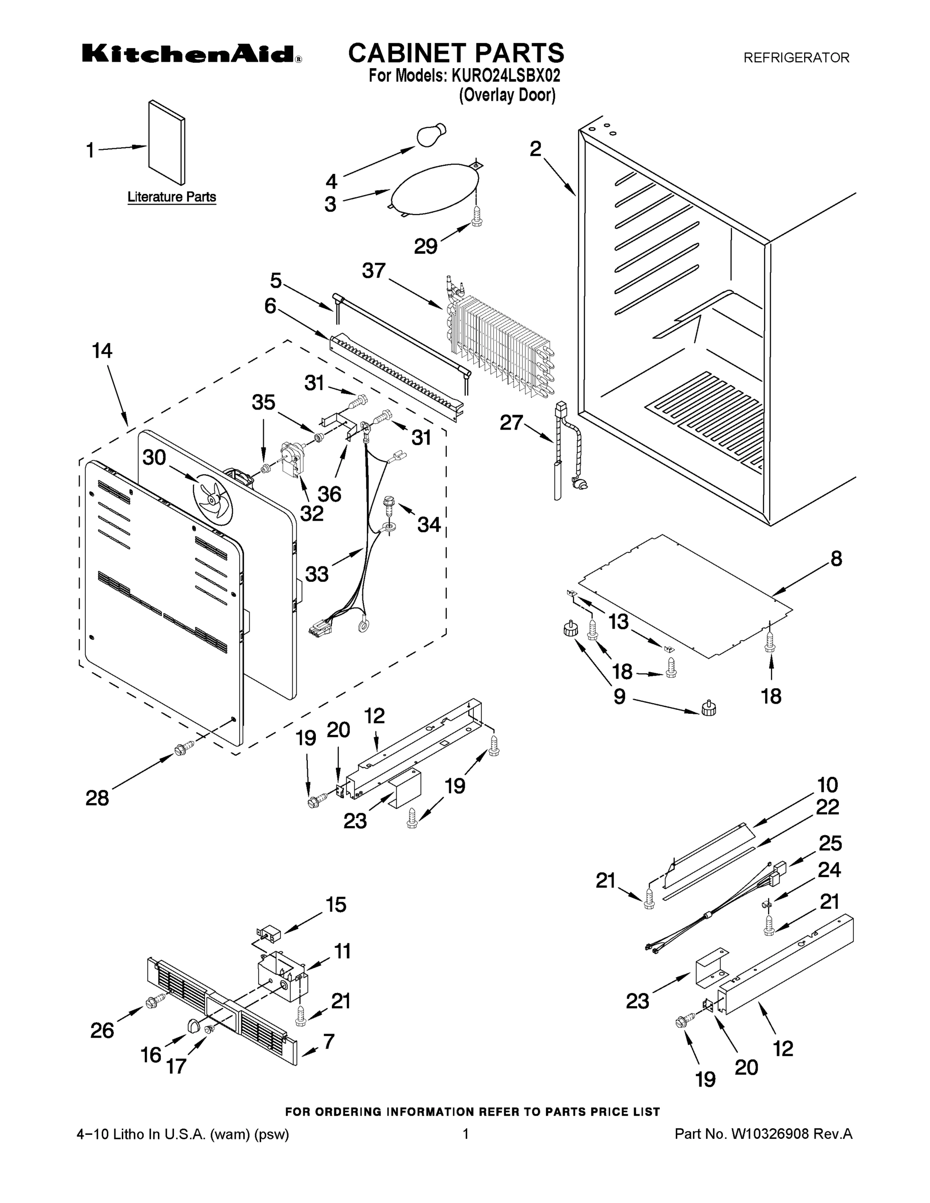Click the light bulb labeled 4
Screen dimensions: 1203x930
tap(430, 136)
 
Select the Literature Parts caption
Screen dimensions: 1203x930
tap(171, 196)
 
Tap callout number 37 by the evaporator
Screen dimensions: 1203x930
tap(374, 271)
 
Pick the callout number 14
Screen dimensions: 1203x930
tap(102, 350)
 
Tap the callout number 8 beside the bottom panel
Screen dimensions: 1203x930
tap(836, 558)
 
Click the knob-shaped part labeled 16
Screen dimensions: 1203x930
tap(193, 1025)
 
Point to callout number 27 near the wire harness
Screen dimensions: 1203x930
tap(511, 423)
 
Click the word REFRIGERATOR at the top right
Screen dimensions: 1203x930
tap(796, 57)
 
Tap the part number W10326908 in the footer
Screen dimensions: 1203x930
tap(769, 1134)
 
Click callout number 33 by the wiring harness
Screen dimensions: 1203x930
tap(317, 574)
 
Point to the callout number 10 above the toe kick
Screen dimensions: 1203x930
tap(827, 784)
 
